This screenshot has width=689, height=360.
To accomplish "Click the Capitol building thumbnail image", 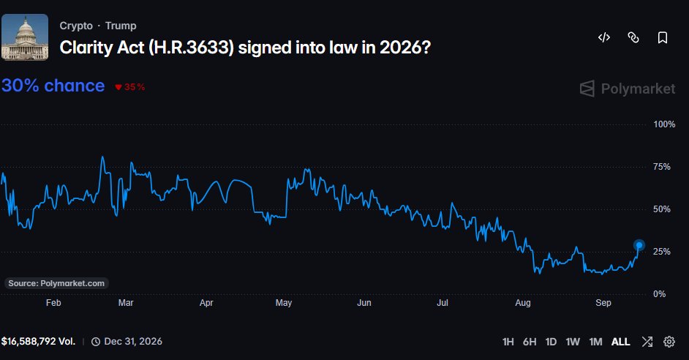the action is point(25,37).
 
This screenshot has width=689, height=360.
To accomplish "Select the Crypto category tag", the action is point(76,26).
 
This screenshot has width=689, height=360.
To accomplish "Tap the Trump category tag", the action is point(121,26).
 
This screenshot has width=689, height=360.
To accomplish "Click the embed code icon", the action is point(604,37).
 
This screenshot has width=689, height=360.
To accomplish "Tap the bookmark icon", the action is point(663,37).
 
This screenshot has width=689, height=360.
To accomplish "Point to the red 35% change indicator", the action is point(130,87).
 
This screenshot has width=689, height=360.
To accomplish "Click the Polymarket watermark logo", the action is point(628,89).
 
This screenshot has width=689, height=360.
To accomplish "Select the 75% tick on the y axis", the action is point(662,167).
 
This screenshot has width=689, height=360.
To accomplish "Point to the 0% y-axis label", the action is point(659,294).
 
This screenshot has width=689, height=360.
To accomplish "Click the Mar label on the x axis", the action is point(126,303).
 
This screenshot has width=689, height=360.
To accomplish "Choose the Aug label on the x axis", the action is point(523,303).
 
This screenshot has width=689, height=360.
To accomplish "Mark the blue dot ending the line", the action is point(639,245).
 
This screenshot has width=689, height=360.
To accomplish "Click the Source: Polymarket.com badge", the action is point(56,283).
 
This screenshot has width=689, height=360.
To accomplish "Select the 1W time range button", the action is point(573,342).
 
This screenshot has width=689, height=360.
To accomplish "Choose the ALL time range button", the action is point(620,342).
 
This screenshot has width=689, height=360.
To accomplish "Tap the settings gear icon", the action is point(669,342).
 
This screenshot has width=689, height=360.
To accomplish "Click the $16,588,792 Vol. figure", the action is point(38,342).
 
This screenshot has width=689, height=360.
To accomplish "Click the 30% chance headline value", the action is point(53,86).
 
